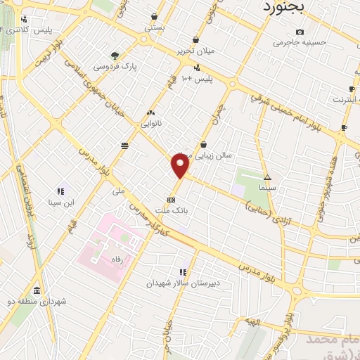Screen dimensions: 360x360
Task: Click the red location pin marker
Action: [x=180, y=167]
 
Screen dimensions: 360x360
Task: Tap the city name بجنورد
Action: [x=284, y=8]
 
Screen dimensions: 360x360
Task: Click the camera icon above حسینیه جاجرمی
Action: [x=300, y=32]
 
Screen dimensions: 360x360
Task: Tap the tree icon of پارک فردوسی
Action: [x=115, y=56]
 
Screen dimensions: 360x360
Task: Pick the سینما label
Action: [x=267, y=188]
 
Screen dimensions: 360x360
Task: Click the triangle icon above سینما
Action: [x=267, y=177]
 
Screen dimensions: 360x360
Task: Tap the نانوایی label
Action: [x=151, y=123]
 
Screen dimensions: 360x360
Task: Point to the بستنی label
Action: [x=155, y=27]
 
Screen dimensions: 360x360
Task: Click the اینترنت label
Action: [x=345, y=100]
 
